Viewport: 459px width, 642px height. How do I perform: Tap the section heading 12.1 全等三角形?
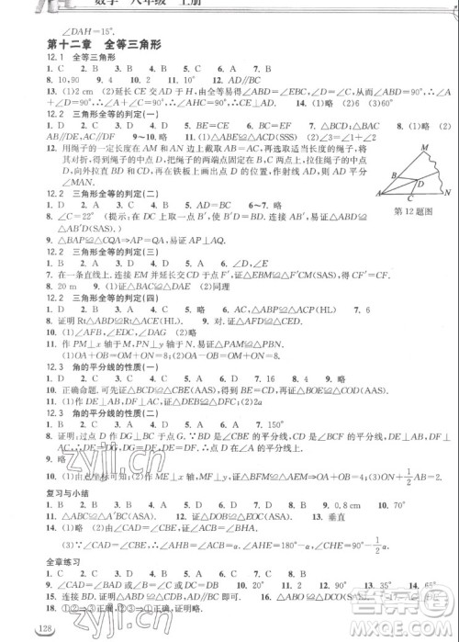[x=80, y=56]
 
